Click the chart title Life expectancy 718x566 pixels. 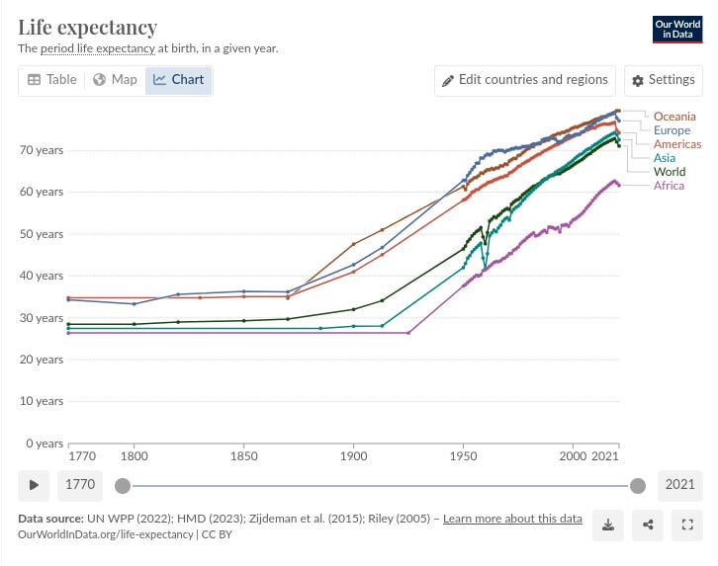pos(87,27)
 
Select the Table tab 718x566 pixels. pos(51,80)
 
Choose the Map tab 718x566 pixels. pos(115,80)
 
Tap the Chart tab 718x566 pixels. pos(179,80)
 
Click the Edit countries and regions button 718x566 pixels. pos(525,80)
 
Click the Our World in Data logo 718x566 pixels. pos(678,29)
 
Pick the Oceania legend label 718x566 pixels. pos(674,117)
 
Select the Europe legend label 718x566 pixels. pos(673,130)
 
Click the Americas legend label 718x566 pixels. pos(677,144)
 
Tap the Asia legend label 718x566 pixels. pos(666,158)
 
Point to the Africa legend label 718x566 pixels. pos(669,186)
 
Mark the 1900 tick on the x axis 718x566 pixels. pos(353,457)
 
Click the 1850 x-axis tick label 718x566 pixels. pos(243,457)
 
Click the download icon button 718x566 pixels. pos(607,525)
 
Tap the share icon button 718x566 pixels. pos(648,525)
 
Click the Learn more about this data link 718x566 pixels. pos(511,519)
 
